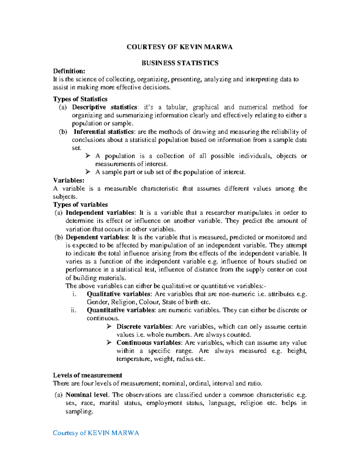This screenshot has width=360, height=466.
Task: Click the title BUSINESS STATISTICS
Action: pos(180,63)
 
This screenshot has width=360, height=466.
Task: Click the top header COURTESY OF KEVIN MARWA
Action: pos(179,47)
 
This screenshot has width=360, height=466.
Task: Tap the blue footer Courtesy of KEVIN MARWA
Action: pos(96,433)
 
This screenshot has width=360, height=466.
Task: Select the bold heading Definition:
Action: pos(69,71)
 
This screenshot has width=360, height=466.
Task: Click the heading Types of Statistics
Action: pos(80,99)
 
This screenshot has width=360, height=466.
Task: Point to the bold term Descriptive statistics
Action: pos(104,107)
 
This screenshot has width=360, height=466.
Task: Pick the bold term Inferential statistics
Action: pos(104,132)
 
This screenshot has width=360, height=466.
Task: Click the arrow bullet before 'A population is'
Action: pos(88,156)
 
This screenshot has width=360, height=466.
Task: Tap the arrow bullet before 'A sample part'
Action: pos(88,172)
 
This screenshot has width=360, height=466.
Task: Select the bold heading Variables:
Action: pos(69,180)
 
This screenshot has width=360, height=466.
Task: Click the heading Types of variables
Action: pos(80,205)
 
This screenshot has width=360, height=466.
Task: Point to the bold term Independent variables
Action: pos(100,213)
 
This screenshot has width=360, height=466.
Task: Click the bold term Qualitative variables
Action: pos(118,294)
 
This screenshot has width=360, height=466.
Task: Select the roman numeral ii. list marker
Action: pos(74,310)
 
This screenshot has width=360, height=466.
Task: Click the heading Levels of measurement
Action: pos(87,375)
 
